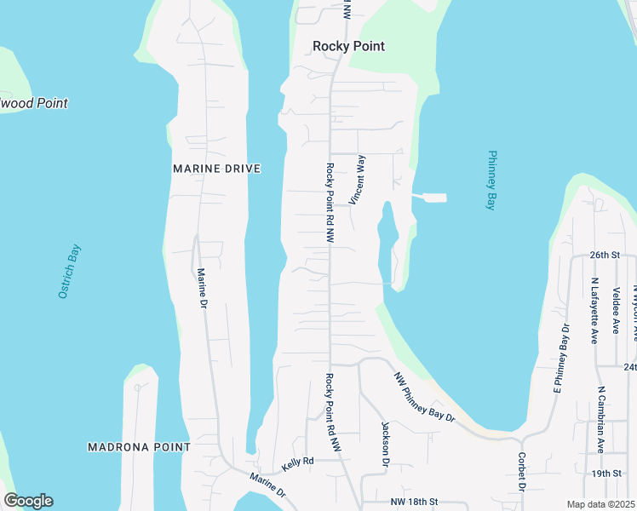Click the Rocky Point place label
click(x=348, y=46)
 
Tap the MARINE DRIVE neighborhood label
click(x=216, y=169)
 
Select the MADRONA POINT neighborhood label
click(x=139, y=447)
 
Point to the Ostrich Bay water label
click(x=69, y=271)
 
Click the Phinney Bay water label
click(x=491, y=180)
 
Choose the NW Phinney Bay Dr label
click(x=424, y=397)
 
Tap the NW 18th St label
click(x=413, y=502)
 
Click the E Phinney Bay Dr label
click(x=561, y=359)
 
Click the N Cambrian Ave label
click(x=600, y=419)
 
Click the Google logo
click(x=28, y=501)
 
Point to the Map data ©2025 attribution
click(x=601, y=504)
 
